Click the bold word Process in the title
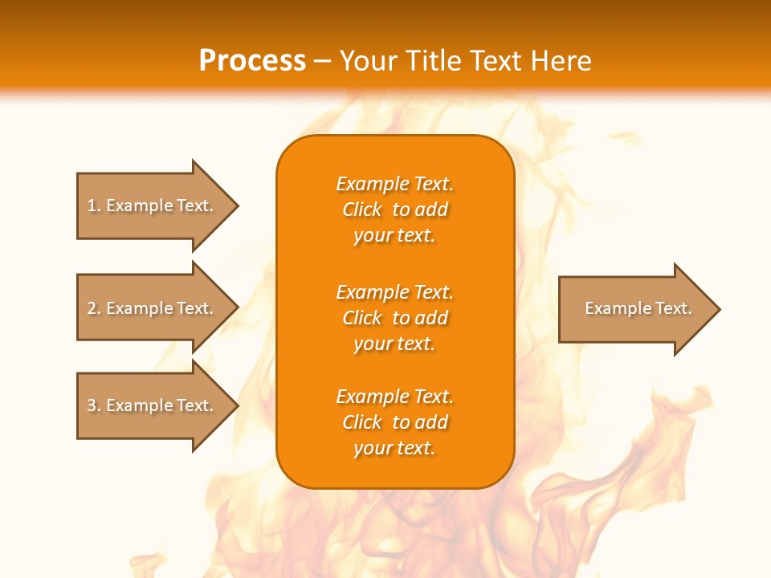tap(252, 60)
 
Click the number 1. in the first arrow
tap(94, 206)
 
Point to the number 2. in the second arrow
tap(94, 308)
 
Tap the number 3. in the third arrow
tap(94, 405)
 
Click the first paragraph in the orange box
tap(394, 210)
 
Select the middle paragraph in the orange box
tap(394, 318)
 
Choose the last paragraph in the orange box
tap(394, 422)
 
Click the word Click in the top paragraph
tap(362, 210)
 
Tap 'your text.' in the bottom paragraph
tap(394, 449)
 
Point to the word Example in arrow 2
tap(139, 308)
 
